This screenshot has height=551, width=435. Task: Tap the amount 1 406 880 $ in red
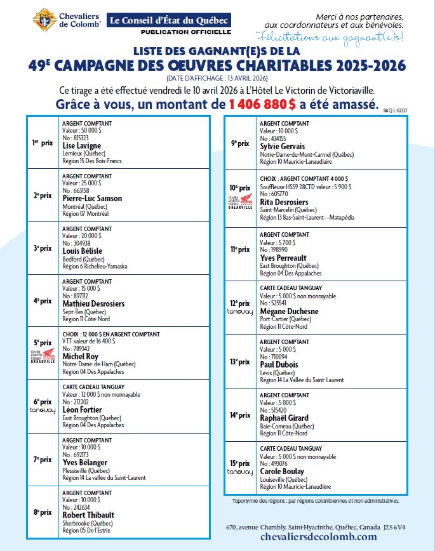pos(262,104)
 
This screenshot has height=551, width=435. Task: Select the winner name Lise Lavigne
pos(82,145)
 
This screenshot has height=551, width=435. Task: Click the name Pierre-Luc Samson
pos(92,198)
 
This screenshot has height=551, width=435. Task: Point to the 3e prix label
pos(42,248)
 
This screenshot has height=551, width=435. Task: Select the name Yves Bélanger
pos(85,462)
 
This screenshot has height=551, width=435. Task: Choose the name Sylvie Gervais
pos(283,146)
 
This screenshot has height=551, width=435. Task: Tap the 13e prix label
pos(239,361)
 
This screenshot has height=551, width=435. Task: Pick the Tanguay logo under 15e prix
pos(239,472)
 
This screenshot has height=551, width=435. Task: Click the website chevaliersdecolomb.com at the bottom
pos(301,537)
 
